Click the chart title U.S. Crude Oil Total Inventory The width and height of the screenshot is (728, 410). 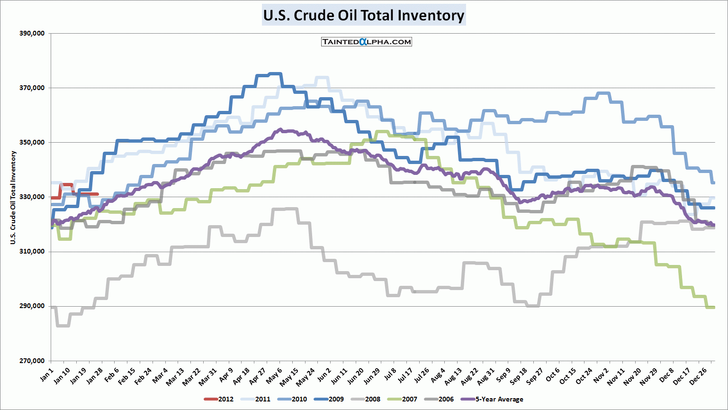364,15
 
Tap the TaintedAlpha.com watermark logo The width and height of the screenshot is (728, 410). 366,42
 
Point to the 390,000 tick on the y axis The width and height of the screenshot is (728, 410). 32,34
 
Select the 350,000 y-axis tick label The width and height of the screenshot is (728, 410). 32,143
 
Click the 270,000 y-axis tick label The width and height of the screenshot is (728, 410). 32,361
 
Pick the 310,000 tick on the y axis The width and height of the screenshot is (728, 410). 32,252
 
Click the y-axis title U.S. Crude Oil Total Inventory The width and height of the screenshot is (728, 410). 13,198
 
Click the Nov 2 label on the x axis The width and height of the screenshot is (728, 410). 601,376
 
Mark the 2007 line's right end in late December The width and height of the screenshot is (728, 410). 713,308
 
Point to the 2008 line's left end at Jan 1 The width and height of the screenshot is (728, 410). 52,308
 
